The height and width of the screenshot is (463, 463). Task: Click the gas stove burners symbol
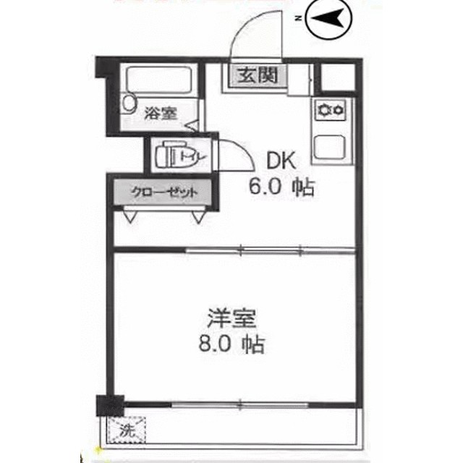pyautogui.click(x=331, y=111)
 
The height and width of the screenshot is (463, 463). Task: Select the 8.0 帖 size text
pyautogui.click(x=230, y=344)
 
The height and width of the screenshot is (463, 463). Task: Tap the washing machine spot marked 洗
pyautogui.click(x=127, y=428)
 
